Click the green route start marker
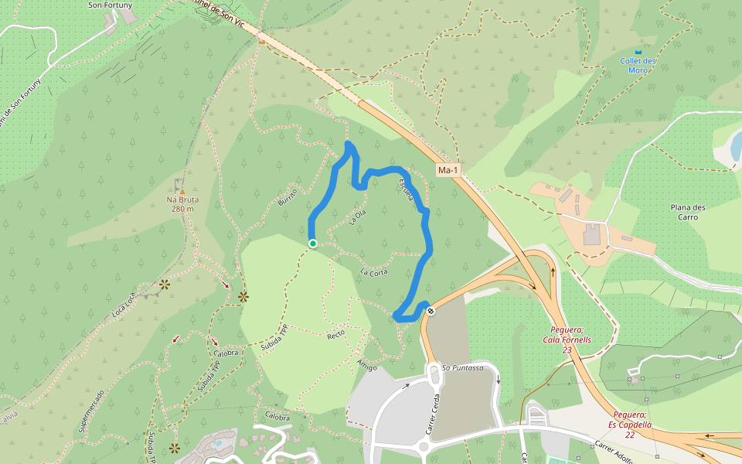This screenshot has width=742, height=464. click(313, 244)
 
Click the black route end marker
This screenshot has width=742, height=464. click(431, 311)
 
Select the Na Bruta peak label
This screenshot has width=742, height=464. click(182, 204)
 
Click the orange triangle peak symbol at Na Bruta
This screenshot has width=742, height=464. click(182, 192)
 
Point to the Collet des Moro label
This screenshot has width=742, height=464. click(638, 65)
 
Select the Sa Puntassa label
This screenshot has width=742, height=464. click(462, 368)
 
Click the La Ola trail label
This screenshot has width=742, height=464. click(356, 216)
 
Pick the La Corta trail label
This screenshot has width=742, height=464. click(374, 271)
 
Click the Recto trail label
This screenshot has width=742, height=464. click(335, 335)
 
